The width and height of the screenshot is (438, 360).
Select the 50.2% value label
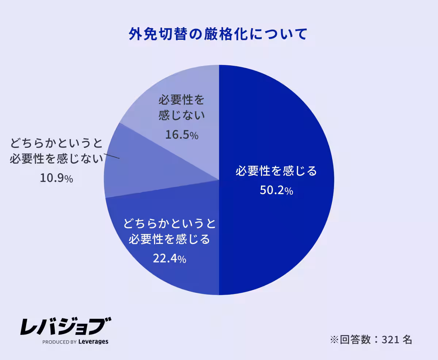[276, 190]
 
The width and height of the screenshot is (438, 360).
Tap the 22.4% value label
[169, 258]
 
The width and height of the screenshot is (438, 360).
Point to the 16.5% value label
[181, 135]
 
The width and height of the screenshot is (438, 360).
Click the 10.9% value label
[56, 178]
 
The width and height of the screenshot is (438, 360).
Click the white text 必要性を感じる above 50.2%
[276, 171]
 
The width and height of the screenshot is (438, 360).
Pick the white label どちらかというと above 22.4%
[169, 222]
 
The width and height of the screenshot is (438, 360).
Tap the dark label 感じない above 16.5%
[181, 116]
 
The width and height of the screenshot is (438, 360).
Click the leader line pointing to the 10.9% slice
[112, 156]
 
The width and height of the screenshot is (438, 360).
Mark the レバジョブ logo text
[66, 326]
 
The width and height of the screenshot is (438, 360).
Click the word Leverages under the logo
[93, 342]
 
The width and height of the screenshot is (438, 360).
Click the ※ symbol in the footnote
[334, 340]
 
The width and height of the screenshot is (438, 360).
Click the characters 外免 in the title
[142, 34]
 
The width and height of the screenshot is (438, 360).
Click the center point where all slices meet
[219, 180]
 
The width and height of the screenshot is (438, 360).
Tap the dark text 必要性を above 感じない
[181, 100]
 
